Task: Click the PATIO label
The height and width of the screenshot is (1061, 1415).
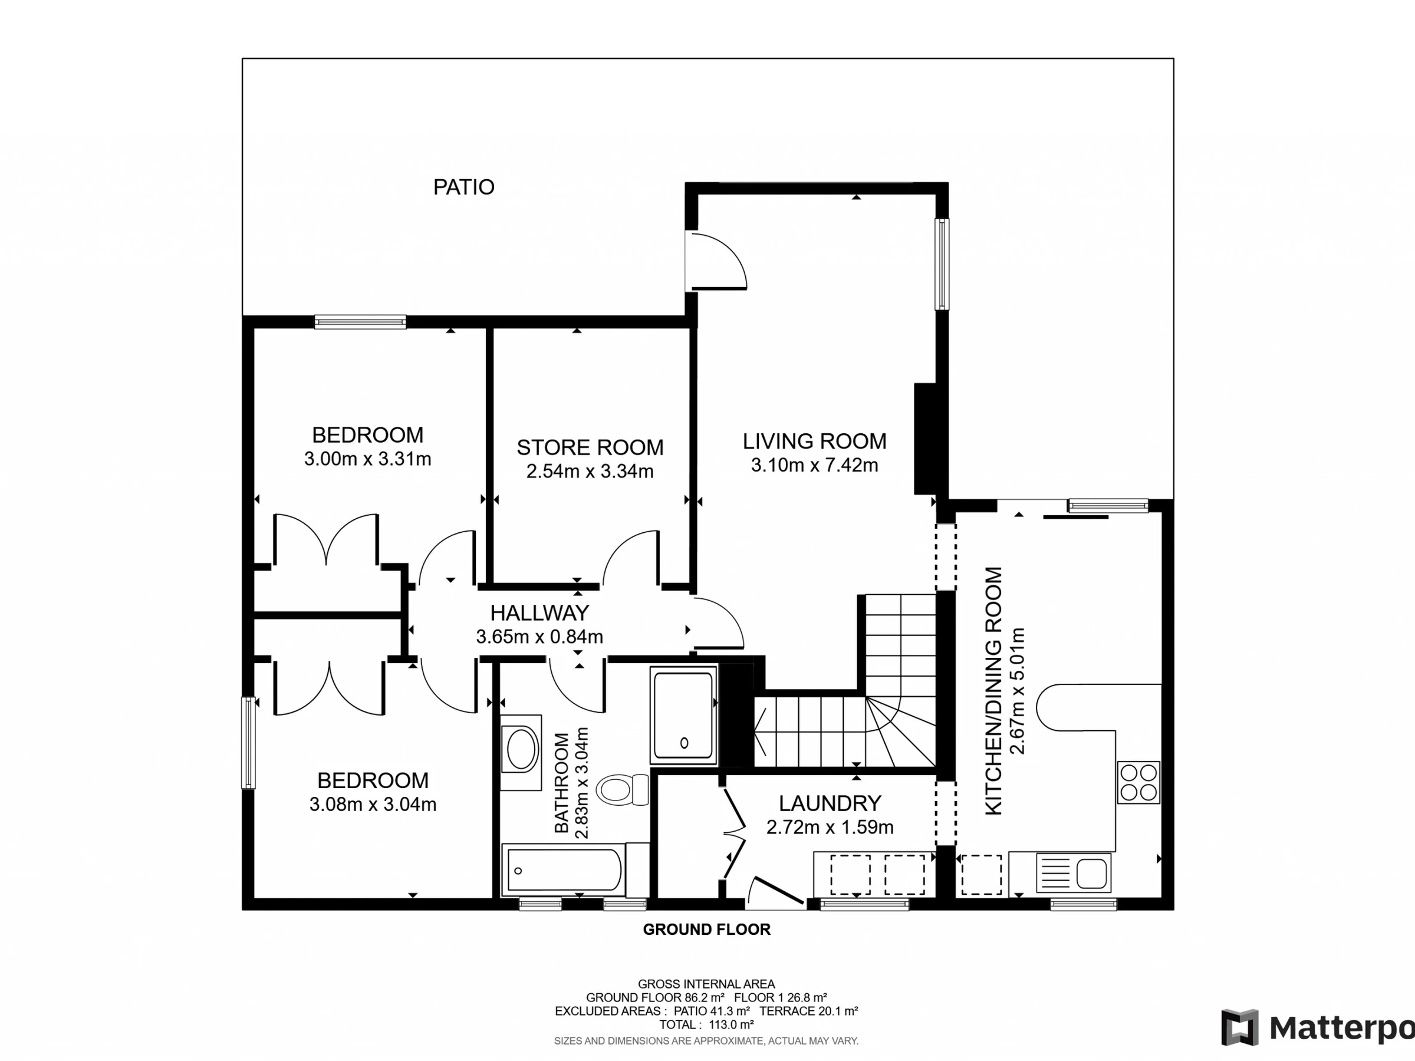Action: coord(464,187)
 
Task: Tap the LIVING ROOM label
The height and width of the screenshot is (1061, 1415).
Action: coord(814,441)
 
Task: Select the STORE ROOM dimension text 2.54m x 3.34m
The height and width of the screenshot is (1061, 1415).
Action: coord(590,472)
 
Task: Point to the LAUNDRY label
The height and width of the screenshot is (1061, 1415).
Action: coord(830,803)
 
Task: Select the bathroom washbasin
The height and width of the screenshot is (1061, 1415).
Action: coord(521,752)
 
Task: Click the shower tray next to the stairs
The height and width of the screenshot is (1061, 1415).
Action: coord(683,715)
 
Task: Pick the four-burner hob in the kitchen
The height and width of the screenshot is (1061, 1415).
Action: coord(1138,782)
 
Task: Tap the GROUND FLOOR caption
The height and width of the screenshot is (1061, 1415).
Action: coord(707,929)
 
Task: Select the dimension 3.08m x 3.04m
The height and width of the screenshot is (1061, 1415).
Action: coord(373,805)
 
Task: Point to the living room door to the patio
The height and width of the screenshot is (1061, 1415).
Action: coord(715,261)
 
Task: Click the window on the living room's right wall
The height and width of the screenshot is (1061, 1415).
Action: coord(942,264)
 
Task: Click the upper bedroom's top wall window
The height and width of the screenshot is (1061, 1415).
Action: coord(360,322)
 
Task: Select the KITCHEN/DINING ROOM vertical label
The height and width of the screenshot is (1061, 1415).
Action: coord(993,691)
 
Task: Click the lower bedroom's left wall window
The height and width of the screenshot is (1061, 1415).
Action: coord(248,743)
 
